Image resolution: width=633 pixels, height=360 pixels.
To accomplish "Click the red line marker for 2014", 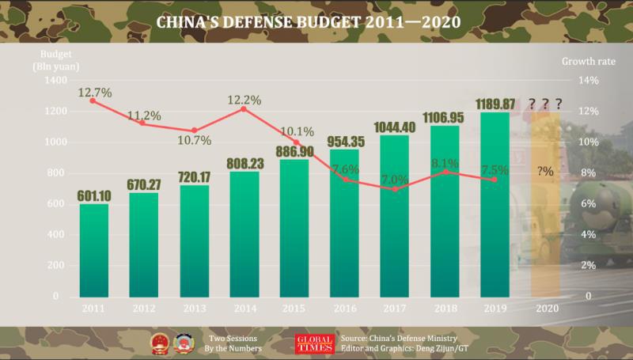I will pos(244,108).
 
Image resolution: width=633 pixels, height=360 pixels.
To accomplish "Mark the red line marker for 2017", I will pos(396,189).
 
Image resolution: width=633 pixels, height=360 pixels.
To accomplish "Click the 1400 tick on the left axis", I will pos(57,81).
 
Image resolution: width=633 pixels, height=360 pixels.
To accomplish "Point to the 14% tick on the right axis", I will pos(590,81).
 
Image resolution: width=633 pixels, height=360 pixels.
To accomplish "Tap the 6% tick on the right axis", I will pos(587,204).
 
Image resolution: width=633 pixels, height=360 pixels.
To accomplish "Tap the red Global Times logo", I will pos(310,343).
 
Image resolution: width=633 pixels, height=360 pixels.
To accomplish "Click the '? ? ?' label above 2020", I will pos(546,104).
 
